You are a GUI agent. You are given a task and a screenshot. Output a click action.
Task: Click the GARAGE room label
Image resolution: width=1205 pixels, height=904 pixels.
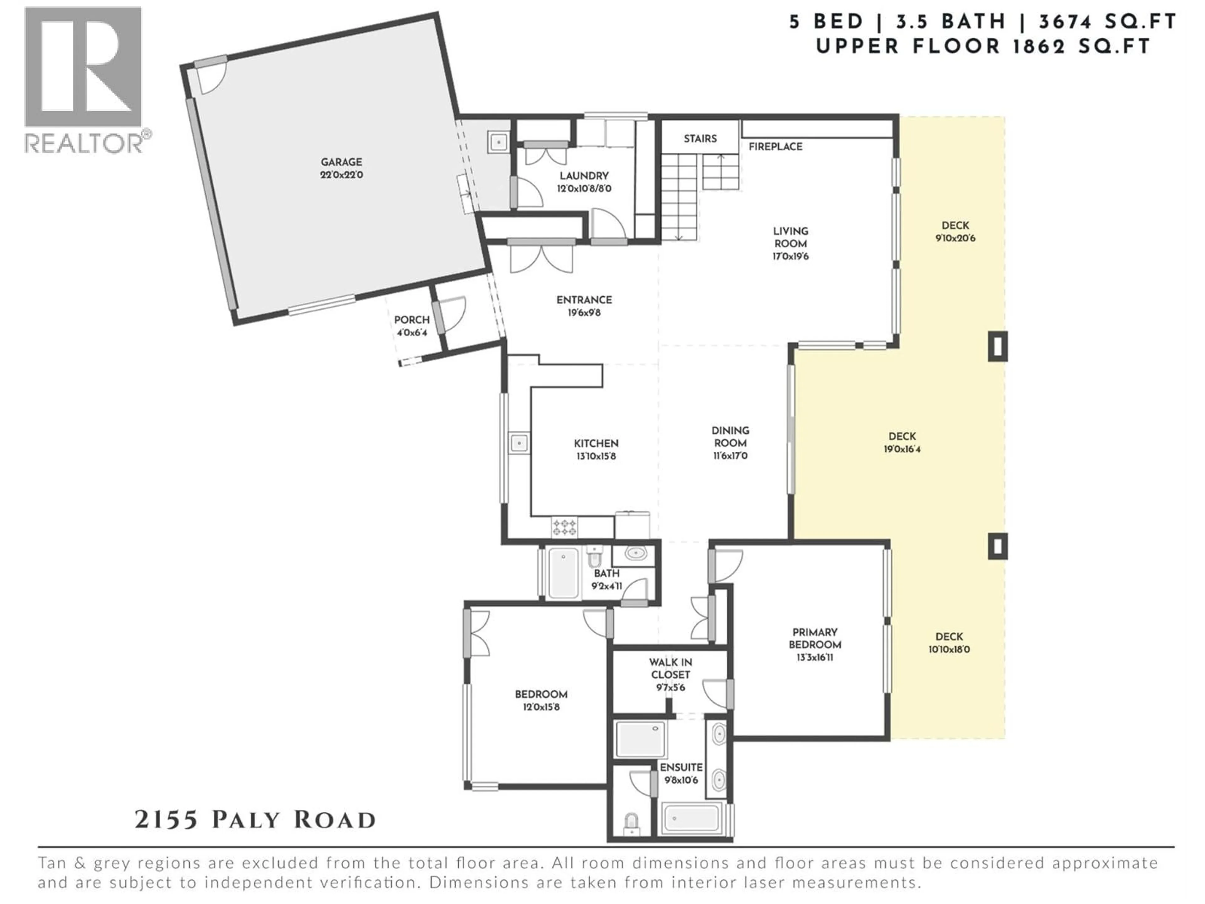coord(341,162)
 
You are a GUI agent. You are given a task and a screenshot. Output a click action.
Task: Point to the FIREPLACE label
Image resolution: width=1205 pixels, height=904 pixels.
coord(775,147)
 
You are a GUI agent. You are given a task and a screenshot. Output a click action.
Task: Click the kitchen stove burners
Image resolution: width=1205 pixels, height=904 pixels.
coord(564,527)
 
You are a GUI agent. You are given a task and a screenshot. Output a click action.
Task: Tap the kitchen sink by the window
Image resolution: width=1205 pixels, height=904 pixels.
coord(519,443)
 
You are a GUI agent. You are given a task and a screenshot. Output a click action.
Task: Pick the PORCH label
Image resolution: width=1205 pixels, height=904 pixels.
coord(411,320)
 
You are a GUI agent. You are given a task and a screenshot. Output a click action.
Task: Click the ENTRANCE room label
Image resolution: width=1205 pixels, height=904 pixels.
coord(584,300)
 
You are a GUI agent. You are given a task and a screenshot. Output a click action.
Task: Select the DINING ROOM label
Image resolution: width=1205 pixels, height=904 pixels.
coord(730,437)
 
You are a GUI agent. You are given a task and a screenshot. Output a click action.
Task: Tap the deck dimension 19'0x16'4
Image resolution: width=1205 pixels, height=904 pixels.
coord(902,449)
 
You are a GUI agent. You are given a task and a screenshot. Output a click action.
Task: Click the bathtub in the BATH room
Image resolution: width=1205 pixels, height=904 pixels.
coord(563,573)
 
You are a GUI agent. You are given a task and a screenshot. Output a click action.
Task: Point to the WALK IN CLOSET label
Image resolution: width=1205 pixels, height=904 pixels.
coord(670,668)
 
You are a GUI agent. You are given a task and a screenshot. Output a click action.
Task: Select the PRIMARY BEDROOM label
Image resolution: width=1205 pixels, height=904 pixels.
coord(814,638)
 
